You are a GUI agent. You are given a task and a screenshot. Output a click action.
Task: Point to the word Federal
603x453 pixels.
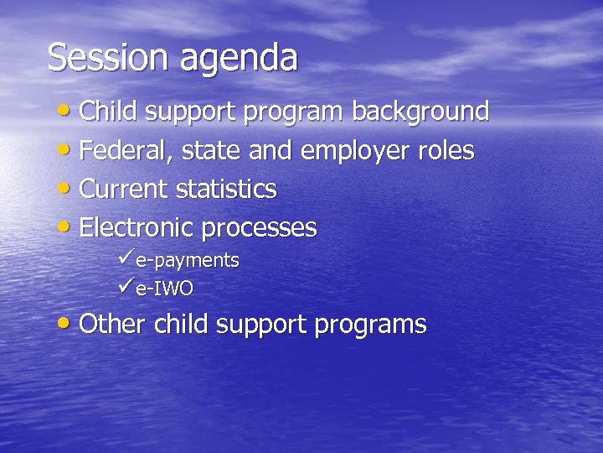(119, 152)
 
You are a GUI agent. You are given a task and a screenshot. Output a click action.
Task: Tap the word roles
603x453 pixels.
(447, 151)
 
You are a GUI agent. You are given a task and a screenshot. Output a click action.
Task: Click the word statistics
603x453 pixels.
(226, 190)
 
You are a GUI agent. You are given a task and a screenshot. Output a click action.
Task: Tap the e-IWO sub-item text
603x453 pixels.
(164, 289)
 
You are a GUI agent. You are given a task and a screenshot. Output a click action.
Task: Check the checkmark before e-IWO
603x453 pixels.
(126, 288)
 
